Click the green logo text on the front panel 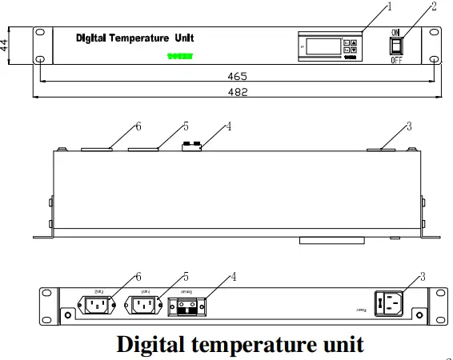click(x=181, y=57)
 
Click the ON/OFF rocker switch click(x=396, y=46)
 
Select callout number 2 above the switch click(x=434, y=7)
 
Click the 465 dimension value click(x=237, y=76)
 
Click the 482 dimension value click(x=237, y=92)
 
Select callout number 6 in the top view click(x=138, y=126)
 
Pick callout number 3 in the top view click(x=409, y=126)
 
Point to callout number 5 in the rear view click(x=186, y=276)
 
